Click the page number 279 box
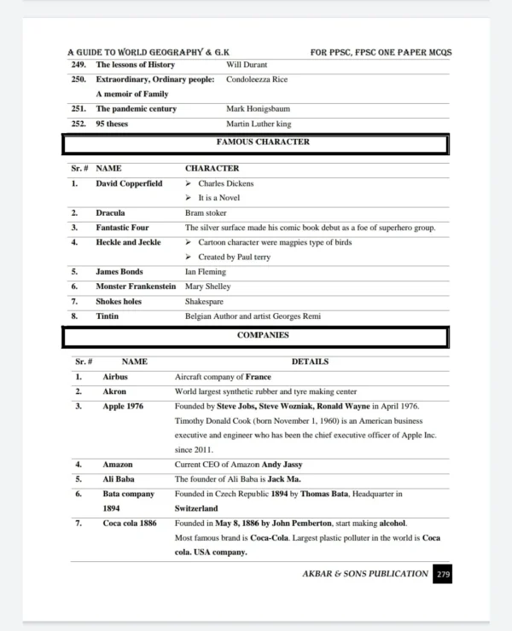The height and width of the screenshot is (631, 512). pyautogui.click(x=443, y=575)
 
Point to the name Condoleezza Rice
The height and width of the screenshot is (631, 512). pyautogui.click(x=257, y=79)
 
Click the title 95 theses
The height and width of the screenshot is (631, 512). pyautogui.click(x=112, y=124)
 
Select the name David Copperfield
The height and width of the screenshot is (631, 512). pyautogui.click(x=129, y=183)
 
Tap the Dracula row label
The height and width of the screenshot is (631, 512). pyautogui.click(x=110, y=212)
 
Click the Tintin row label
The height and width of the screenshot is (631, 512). pyautogui.click(x=108, y=316)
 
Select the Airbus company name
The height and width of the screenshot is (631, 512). pyautogui.click(x=115, y=376)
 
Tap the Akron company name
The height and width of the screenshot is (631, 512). pyautogui.click(x=114, y=391)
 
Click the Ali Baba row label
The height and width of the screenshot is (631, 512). pyautogui.click(x=118, y=479)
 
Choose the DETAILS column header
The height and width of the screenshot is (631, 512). pyautogui.click(x=310, y=362)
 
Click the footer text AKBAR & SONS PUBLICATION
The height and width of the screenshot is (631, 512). pyautogui.click(x=365, y=574)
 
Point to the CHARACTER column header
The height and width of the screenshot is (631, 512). pyautogui.click(x=212, y=169)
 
